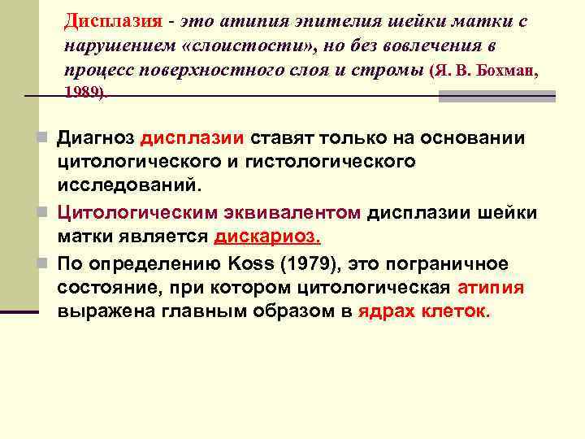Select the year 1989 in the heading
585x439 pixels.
point(83,92)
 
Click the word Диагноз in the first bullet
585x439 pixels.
point(95,138)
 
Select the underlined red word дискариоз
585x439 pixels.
point(267,237)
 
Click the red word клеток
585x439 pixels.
point(454,312)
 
